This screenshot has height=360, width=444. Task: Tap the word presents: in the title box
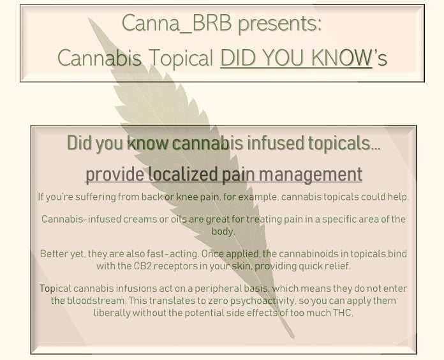(280, 25)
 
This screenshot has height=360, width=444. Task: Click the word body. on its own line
(223, 232)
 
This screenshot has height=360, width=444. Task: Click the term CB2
(143, 266)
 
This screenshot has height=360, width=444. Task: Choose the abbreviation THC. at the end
(343, 313)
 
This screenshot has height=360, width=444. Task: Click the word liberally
(112, 313)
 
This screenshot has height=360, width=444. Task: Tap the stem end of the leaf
(293, 336)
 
